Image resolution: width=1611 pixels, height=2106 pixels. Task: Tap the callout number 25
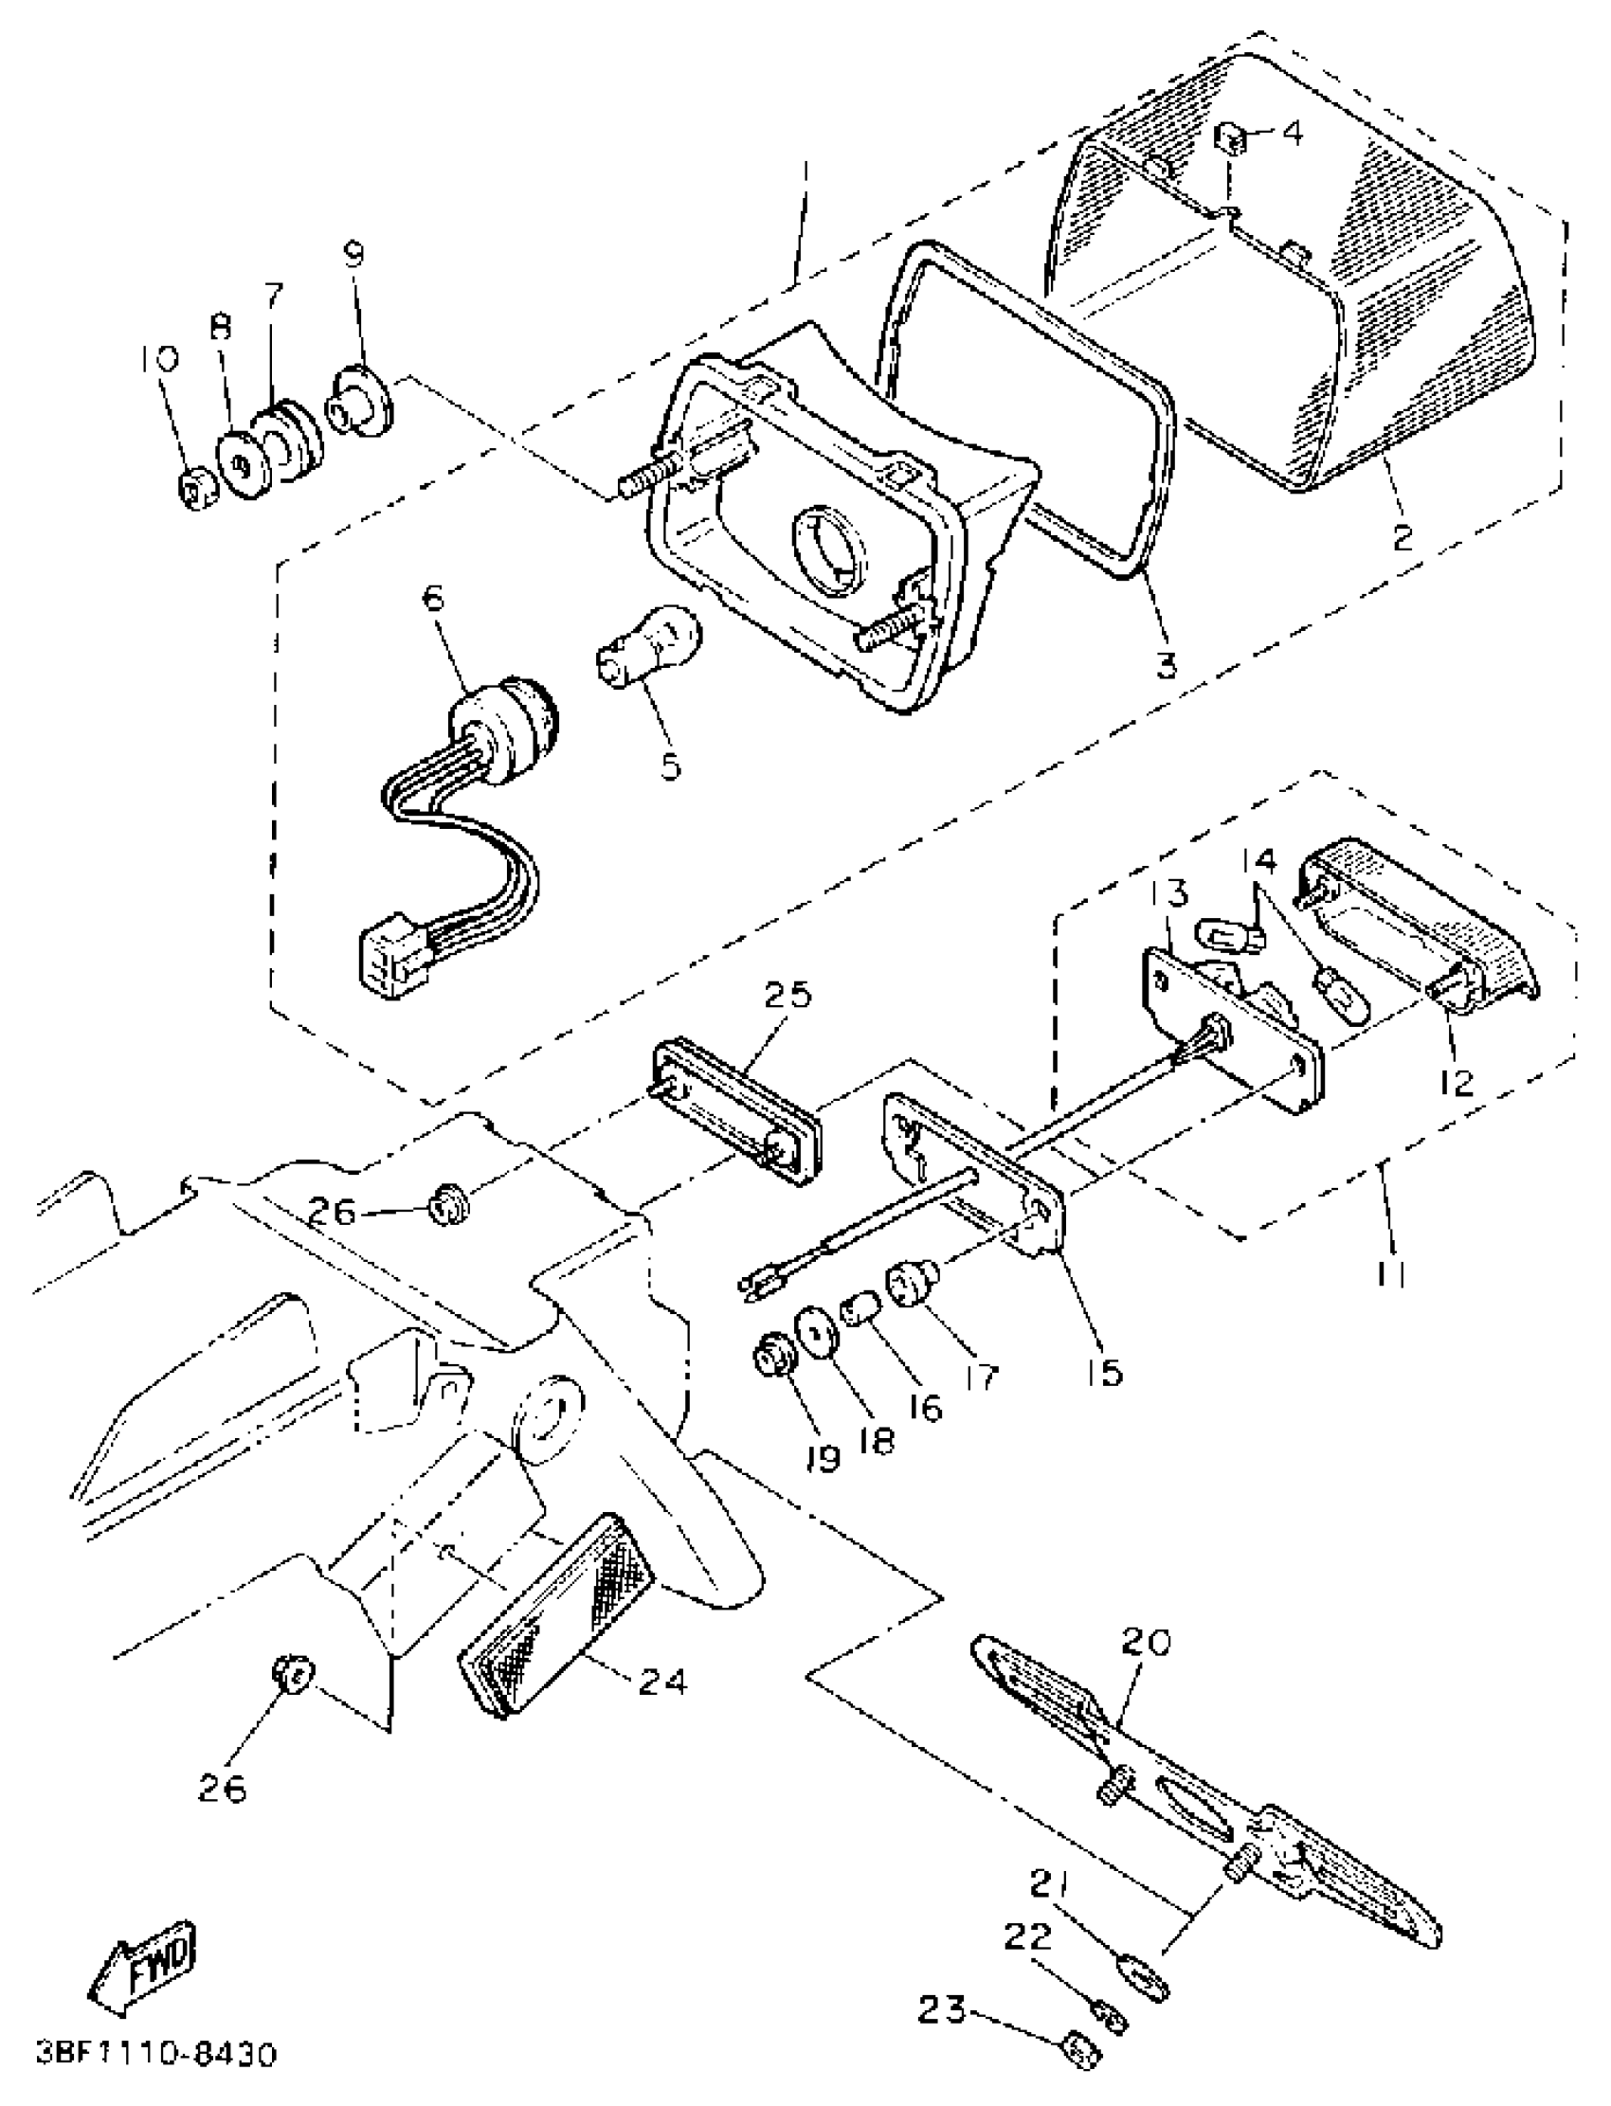click(x=787, y=994)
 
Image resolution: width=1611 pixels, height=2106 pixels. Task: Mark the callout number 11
click(x=1390, y=1275)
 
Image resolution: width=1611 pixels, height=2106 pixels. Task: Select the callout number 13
click(x=1166, y=893)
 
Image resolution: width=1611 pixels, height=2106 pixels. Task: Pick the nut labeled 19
click(x=773, y=1358)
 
